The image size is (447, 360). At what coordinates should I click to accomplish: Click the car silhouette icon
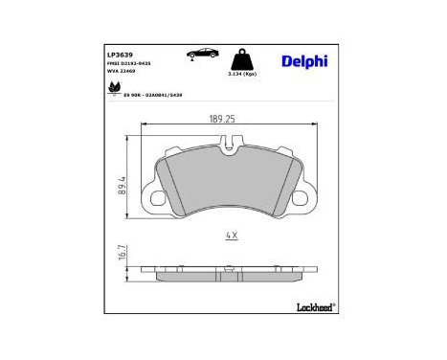coord(201,53)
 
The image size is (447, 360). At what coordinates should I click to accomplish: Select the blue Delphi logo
coord(304,61)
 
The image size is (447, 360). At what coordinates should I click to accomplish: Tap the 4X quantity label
coord(231,234)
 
